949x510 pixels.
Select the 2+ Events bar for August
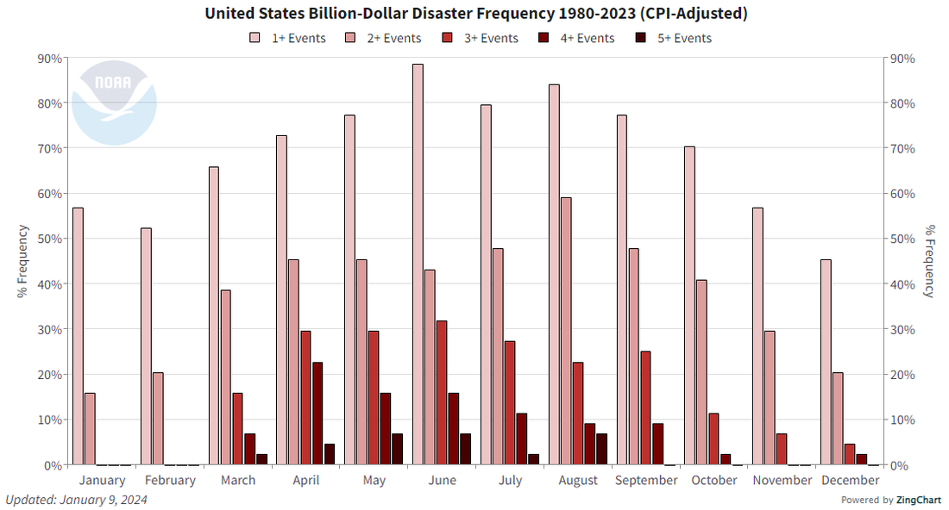pyautogui.click(x=566, y=331)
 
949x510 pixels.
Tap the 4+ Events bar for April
pyautogui.click(x=317, y=414)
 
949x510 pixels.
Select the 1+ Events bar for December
pyautogui.click(x=826, y=362)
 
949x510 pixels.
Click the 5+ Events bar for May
pyautogui.click(x=397, y=449)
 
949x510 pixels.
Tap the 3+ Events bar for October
pyautogui.click(x=713, y=438)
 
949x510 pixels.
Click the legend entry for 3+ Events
pyautogui.click(x=475, y=38)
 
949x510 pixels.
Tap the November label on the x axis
pyautogui.click(x=782, y=480)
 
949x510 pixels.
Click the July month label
pyautogui.click(x=510, y=480)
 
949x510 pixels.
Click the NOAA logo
pyautogui.click(x=114, y=103)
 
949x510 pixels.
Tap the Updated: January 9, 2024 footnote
pyautogui.click(x=76, y=500)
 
